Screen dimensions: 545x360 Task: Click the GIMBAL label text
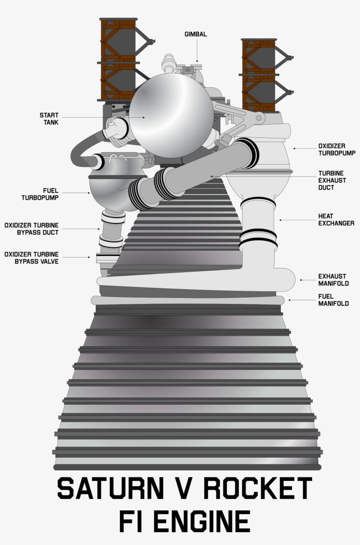pos(196,34)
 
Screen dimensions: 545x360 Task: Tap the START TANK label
pos(49,118)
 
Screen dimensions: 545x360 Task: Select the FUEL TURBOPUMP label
pos(46,194)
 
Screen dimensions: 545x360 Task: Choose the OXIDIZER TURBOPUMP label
pos(337,149)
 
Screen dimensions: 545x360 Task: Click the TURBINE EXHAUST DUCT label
pos(332,180)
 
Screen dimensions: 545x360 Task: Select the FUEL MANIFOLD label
pos(333,300)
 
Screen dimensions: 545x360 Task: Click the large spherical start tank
pos(171,115)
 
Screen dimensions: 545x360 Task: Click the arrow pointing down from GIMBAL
pos(197,50)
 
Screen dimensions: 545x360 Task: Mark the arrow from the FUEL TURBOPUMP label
pos(82,193)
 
